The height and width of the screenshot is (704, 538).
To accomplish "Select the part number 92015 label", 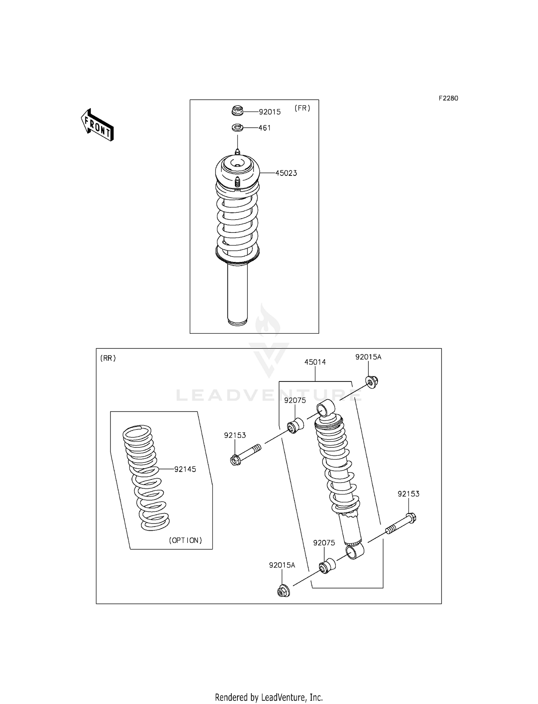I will (x=270, y=112).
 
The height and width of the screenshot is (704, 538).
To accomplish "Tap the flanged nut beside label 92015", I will (x=237, y=111).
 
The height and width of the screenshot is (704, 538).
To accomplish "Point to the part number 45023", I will (x=286, y=173).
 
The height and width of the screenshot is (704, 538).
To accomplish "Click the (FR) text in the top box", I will (x=302, y=108).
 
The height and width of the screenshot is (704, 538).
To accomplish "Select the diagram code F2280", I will (x=448, y=98).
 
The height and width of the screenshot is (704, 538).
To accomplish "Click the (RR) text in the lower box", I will (x=108, y=358).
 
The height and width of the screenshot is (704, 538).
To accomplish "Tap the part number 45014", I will (x=315, y=362).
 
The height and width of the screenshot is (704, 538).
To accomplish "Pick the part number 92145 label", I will (x=185, y=469).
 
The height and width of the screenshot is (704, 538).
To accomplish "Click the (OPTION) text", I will (x=185, y=540).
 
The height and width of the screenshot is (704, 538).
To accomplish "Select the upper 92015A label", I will (x=368, y=357).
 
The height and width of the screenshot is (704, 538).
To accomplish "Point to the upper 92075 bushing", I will (x=295, y=425).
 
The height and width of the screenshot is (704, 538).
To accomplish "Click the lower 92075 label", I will (x=324, y=543).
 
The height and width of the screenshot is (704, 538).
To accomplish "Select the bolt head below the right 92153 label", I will (x=411, y=518).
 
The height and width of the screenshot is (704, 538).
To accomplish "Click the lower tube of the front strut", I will (x=237, y=294).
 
